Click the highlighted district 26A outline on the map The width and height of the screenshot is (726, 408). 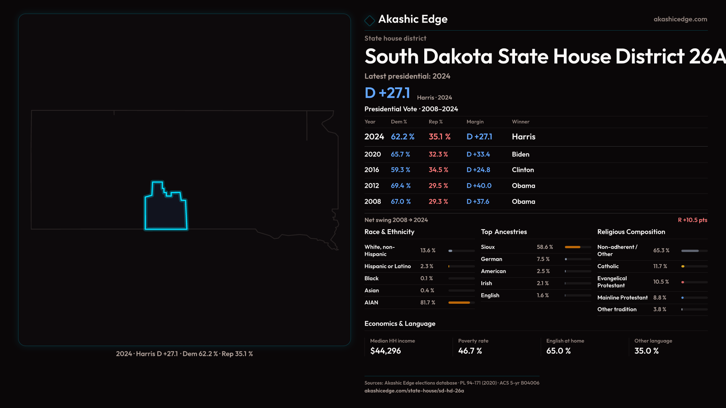tap(166, 212)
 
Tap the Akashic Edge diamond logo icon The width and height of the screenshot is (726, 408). tap(369, 20)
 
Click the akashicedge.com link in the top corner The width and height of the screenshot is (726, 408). tap(680, 19)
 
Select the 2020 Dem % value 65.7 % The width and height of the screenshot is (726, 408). tap(400, 155)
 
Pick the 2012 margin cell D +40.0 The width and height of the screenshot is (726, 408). tap(479, 186)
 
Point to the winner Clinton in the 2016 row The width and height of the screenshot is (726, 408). tap(523, 170)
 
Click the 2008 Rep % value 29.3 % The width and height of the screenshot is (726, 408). tap(438, 202)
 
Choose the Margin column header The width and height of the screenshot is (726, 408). tap(475, 122)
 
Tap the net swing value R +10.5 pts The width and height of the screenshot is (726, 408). tap(692, 220)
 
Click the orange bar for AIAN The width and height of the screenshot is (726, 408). tap(459, 303)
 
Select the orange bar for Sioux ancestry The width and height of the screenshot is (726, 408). tap(572, 247)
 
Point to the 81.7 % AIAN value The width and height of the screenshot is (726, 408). tap(428, 303)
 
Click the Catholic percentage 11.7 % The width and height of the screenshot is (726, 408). tap(660, 266)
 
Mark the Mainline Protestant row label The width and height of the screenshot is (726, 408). tap(622, 298)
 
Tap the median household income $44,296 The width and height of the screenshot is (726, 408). tap(385, 351)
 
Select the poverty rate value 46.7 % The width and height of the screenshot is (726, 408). tap(470, 351)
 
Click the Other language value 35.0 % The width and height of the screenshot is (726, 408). tap(646, 351)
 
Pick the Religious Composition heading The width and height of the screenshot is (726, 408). tap(631, 232)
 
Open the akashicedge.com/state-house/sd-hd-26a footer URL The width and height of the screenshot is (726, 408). tap(414, 391)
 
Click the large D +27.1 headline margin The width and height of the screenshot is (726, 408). tap(387, 93)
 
